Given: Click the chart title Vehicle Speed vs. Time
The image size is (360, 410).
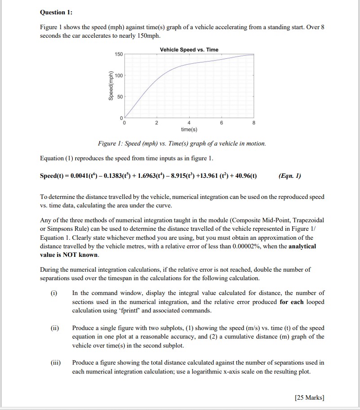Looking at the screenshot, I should click(x=189, y=49).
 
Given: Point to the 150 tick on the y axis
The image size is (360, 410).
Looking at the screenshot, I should click(x=118, y=54).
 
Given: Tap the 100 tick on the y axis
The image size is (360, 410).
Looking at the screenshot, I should click(x=118, y=75).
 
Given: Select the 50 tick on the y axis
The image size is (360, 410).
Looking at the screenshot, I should click(x=120, y=97).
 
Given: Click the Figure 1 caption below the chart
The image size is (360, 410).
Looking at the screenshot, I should click(x=182, y=144).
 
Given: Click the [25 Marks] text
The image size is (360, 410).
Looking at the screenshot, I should click(x=309, y=397).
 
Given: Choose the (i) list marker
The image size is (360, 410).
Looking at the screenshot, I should click(x=54, y=293).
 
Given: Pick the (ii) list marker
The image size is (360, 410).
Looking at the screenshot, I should click(x=55, y=328).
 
